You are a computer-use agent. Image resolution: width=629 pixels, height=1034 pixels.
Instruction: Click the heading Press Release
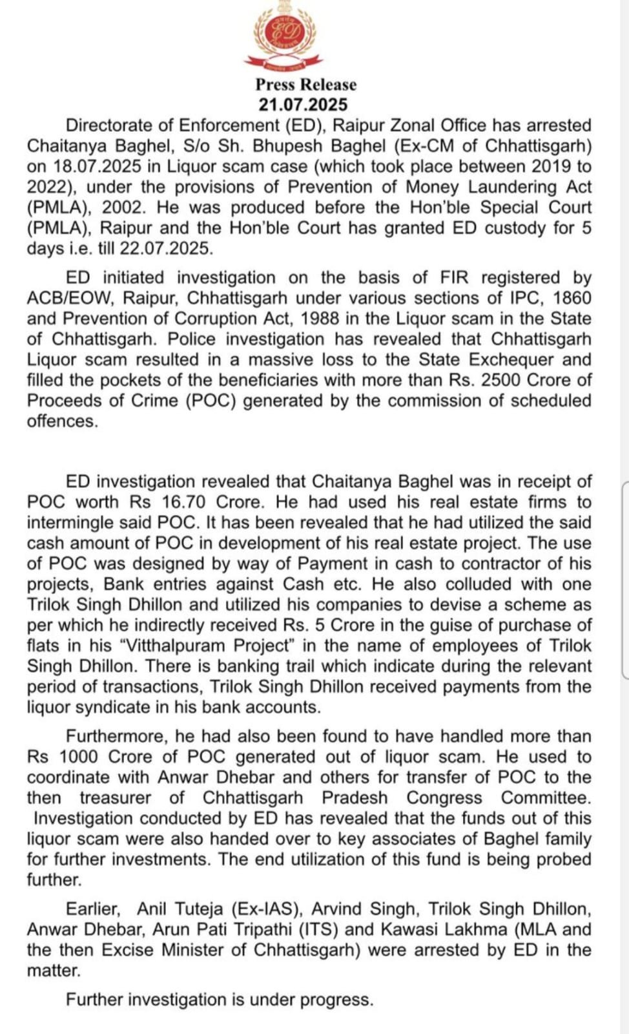305,85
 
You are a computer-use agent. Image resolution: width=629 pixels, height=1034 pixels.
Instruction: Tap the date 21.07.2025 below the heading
303,105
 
